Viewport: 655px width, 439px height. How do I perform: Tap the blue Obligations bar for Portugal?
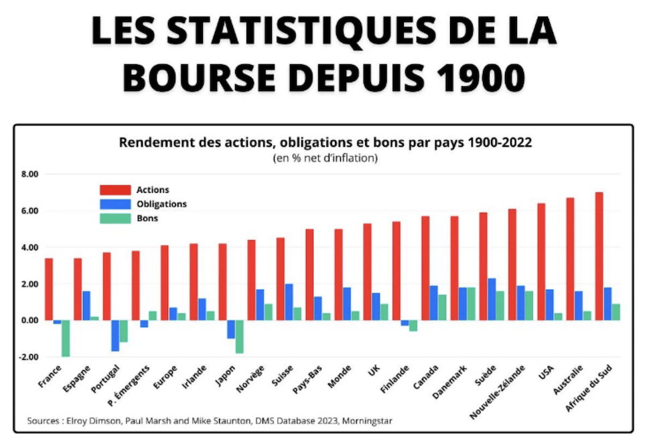[115, 335]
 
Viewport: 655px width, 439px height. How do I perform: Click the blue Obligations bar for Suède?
[492, 299]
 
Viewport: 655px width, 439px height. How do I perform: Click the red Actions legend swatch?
[113, 190]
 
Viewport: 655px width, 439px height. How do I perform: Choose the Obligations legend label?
[161, 204]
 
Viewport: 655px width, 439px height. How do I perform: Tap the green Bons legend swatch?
[113, 218]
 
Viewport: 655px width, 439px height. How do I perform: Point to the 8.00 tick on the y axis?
[29, 175]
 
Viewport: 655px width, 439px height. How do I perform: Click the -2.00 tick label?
[28, 357]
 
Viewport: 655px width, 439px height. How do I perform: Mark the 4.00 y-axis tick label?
[29, 248]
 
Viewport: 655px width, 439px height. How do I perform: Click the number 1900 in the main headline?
[479, 78]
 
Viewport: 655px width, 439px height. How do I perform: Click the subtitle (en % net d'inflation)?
[325, 159]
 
